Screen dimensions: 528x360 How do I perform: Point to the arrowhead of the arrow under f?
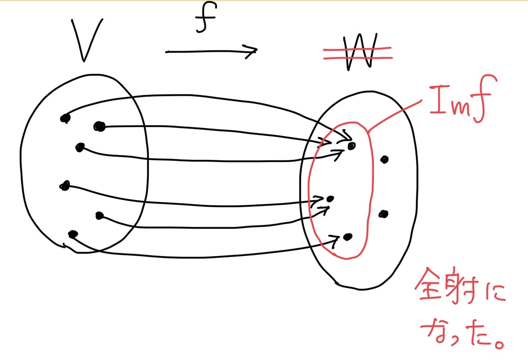(x=252, y=51)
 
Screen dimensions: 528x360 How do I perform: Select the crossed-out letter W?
(x=360, y=52)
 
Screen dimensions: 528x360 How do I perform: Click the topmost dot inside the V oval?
(x=65, y=118)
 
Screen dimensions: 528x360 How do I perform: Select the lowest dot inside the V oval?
(x=73, y=234)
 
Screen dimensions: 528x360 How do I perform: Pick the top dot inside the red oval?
(x=352, y=146)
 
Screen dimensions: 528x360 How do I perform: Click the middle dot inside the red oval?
(x=330, y=199)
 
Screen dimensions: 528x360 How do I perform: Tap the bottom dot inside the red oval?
(x=348, y=237)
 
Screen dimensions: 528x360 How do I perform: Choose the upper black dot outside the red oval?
(x=384, y=160)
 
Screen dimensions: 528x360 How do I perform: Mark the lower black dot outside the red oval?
(x=384, y=214)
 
